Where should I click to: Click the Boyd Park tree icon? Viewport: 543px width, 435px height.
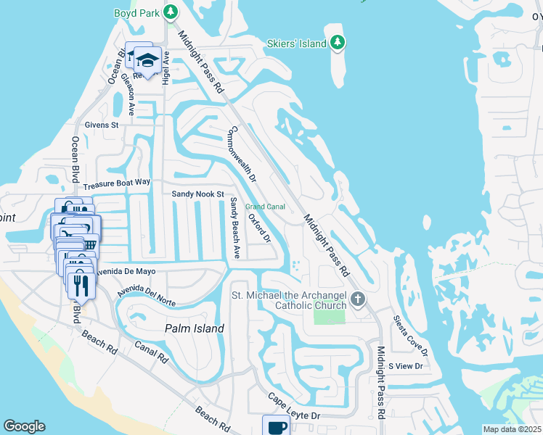tap(170, 12)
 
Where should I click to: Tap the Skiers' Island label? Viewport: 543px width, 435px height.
tap(296, 43)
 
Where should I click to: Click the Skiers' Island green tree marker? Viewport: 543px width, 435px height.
tap(337, 43)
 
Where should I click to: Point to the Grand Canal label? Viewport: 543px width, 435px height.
tap(264, 207)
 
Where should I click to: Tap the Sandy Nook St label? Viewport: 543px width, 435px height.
tap(198, 194)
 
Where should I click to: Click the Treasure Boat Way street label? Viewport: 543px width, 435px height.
tap(116, 185)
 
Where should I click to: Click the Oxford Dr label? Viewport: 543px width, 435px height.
tap(259, 228)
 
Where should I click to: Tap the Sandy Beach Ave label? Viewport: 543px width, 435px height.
tap(234, 228)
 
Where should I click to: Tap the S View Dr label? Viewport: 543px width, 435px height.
tap(405, 366)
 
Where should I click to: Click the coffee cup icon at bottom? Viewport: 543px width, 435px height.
tap(276, 426)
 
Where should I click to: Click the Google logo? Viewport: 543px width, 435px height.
tap(24, 426)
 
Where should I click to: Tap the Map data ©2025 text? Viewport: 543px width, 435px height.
tap(511, 429)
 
